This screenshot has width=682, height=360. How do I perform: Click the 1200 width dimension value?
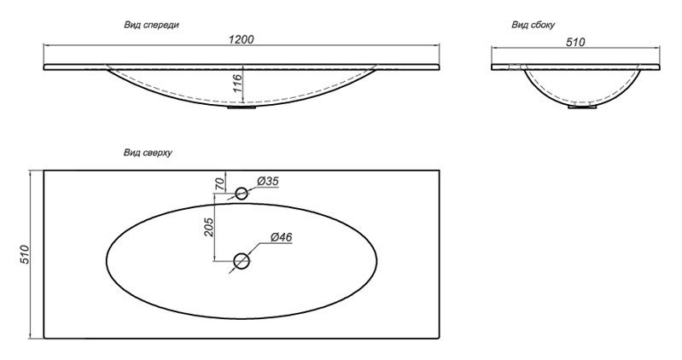(241, 39)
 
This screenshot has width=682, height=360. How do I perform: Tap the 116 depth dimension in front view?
(237, 83)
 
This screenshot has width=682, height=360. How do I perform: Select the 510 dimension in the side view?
(575, 42)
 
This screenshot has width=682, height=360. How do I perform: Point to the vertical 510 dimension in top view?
(25, 254)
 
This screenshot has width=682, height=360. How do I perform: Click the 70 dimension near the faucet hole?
(220, 184)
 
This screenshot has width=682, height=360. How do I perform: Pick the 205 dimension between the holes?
(209, 227)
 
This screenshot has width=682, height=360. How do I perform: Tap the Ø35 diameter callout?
(267, 181)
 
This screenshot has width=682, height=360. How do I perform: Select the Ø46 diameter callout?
(281, 237)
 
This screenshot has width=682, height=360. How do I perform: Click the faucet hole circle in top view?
(242, 193)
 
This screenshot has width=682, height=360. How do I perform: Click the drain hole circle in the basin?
(242, 261)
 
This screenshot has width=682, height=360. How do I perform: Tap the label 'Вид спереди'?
(151, 25)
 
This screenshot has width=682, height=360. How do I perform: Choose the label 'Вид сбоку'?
(533, 25)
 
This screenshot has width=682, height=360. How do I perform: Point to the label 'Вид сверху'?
(148, 153)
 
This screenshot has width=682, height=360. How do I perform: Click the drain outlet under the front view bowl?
(242, 106)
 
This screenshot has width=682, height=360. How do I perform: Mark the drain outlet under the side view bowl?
(582, 106)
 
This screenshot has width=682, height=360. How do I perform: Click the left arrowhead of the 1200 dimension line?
(46, 44)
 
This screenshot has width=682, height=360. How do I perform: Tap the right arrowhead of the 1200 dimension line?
(437, 44)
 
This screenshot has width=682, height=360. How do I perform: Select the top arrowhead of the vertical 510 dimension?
(31, 173)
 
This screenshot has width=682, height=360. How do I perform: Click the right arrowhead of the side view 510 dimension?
(657, 48)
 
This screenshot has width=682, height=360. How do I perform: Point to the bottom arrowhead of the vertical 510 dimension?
(31, 335)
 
